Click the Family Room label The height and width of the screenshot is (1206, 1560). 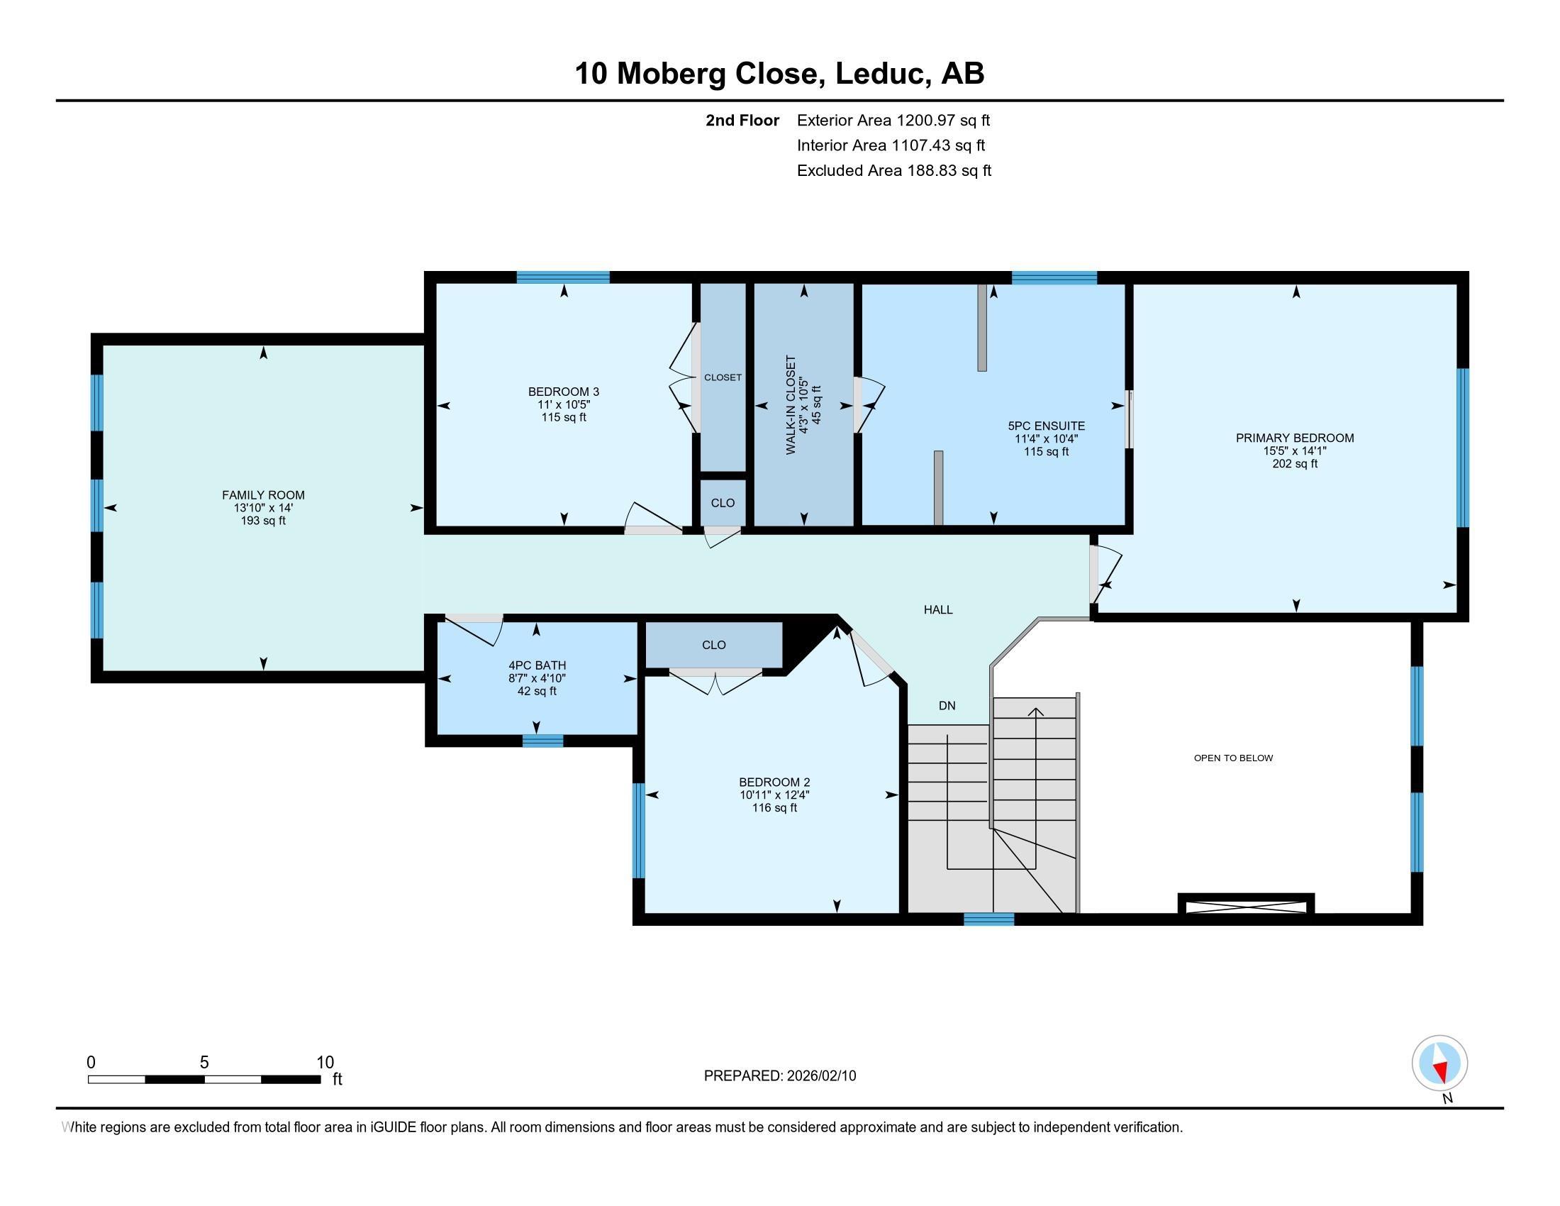pos(263,495)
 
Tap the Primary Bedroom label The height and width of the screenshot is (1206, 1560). pos(1295,438)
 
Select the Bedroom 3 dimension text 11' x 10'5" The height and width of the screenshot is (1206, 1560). pos(564,404)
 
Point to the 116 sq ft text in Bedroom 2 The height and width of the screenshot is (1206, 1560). pos(774,808)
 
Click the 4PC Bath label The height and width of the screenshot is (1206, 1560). pos(537,666)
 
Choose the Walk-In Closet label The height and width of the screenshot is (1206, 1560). pos(791,405)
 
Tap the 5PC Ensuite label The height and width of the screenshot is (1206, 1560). pos(1047,426)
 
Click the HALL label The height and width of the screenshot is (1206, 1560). pos(938,609)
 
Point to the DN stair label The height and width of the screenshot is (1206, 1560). pos(947,706)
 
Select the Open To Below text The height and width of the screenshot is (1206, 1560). pos(1234,758)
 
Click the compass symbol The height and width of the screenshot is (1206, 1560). pos(1440,1064)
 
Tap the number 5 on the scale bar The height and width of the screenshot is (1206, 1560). pos(204,1063)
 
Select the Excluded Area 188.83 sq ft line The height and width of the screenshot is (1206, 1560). pos(894,171)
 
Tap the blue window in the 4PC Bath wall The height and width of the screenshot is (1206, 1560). pos(543,741)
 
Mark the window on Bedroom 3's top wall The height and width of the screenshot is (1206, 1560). pos(563,277)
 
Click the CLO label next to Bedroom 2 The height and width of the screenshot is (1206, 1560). pos(713,645)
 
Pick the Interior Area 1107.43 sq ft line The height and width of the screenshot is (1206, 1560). pos(891,145)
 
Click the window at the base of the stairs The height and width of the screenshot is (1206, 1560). pos(988,919)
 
